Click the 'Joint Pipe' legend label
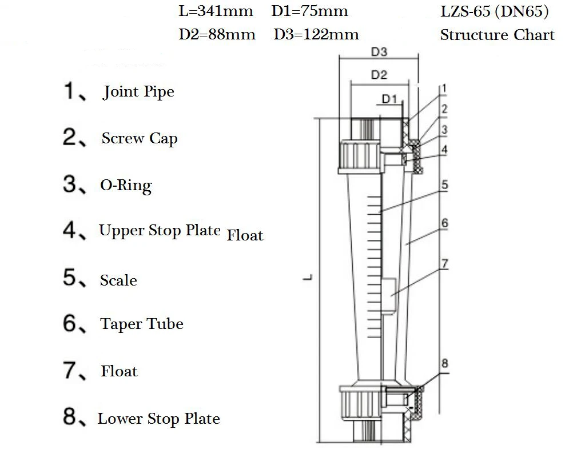pyautogui.click(x=138, y=92)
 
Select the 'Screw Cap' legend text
pyautogui.click(x=140, y=139)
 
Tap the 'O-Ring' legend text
pyautogui.click(x=126, y=186)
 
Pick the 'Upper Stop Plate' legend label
pyautogui.click(x=160, y=231)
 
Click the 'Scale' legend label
pyautogui.click(x=118, y=280)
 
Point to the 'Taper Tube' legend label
pyautogui.click(x=142, y=324)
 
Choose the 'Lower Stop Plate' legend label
pyautogui.click(x=158, y=419)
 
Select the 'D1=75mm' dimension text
pyautogui.click(x=309, y=11)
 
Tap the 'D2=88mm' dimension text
pyautogui.click(x=217, y=34)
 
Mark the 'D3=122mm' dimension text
pyautogui.click(x=316, y=34)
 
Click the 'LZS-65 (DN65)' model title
pyautogui.click(x=495, y=11)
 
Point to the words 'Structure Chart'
pyautogui.click(x=497, y=35)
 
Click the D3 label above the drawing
pyautogui.click(x=379, y=52)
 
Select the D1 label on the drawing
pyautogui.click(x=389, y=99)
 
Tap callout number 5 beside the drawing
pyautogui.click(x=444, y=185)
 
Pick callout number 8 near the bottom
pyautogui.click(x=445, y=363)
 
